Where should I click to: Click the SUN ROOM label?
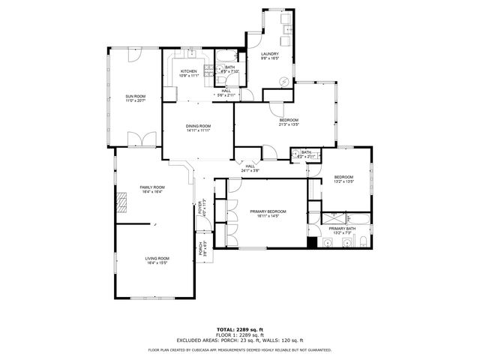(136, 96)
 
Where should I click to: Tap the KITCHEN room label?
(189, 71)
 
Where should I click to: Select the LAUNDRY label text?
(270, 54)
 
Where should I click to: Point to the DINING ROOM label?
(199, 126)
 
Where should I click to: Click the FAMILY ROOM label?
(151, 187)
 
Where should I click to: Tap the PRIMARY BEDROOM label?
(268, 212)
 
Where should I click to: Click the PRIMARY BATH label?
(341, 228)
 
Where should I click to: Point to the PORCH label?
(200, 250)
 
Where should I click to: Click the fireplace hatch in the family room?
(121, 202)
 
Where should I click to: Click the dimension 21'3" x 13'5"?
(289, 125)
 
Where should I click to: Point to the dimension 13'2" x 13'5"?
(343, 181)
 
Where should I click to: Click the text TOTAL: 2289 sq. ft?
(239, 329)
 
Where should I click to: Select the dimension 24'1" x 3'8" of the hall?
(250, 171)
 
